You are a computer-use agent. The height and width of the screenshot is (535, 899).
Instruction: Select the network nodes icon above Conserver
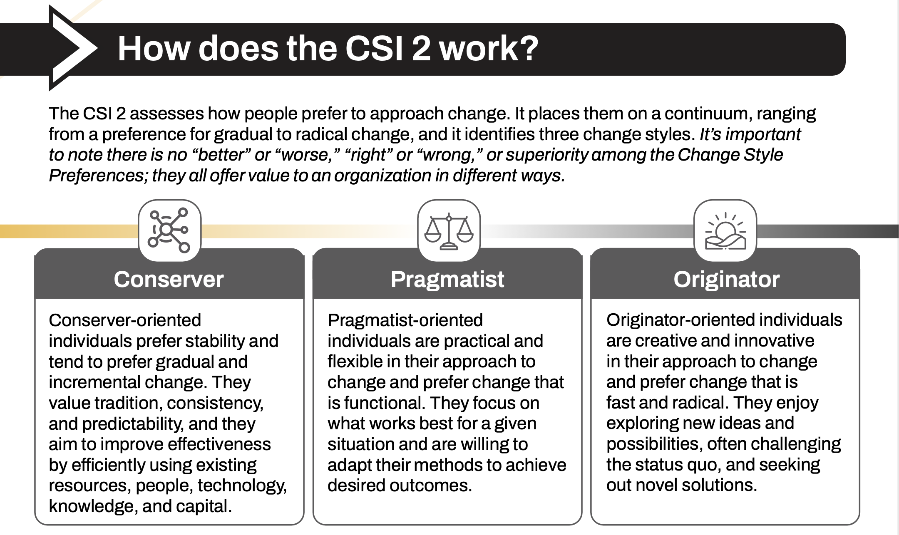[x=169, y=230]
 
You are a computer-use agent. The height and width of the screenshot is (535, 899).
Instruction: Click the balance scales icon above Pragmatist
[x=449, y=231]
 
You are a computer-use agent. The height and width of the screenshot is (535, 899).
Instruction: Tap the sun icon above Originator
[x=725, y=231]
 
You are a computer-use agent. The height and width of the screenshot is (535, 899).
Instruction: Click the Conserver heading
[x=169, y=279]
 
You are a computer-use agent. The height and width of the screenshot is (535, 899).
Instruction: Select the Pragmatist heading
[x=447, y=279]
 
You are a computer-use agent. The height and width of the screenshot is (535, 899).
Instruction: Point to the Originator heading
[x=726, y=279]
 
